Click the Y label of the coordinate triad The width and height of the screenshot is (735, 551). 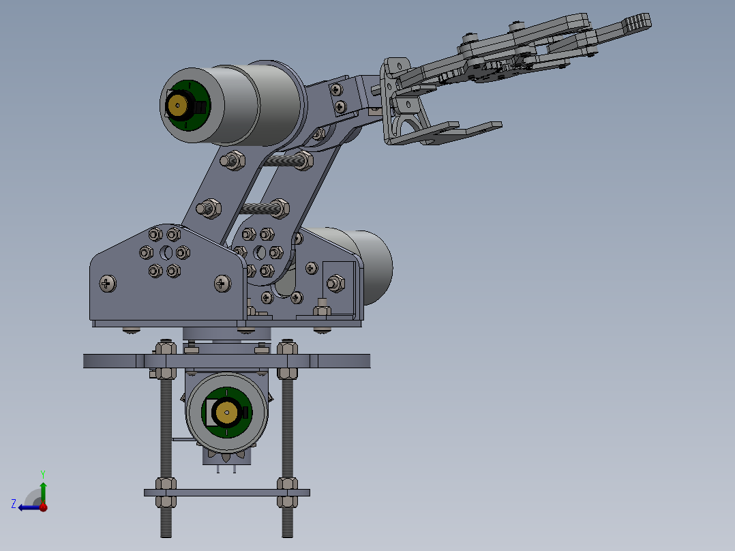tap(42, 473)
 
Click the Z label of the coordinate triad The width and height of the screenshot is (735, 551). tap(14, 503)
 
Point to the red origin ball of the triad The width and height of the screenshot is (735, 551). tap(43, 507)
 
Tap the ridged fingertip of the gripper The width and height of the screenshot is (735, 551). tap(638, 22)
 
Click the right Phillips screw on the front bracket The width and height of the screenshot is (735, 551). tap(223, 284)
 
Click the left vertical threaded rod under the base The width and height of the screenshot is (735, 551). tap(166, 436)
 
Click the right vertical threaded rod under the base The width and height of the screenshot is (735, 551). tap(287, 436)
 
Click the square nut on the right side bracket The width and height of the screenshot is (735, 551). tap(335, 283)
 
